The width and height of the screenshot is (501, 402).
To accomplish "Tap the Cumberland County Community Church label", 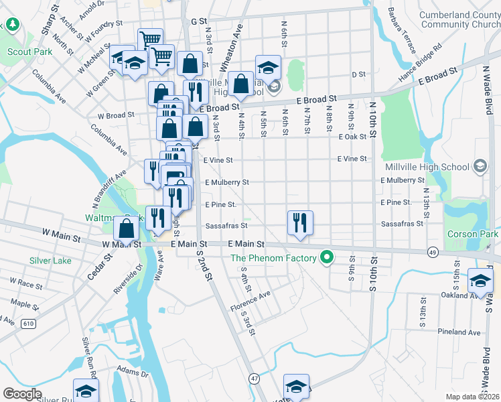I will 459,20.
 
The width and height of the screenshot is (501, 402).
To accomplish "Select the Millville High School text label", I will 427,166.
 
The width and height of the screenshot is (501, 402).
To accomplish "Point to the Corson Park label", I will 473,234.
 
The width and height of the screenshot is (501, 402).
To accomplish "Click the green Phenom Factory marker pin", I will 327,257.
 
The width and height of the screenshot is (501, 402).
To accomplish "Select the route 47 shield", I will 254,379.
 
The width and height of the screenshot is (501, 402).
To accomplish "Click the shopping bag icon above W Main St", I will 127,228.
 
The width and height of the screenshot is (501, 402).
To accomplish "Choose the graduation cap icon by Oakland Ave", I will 480,280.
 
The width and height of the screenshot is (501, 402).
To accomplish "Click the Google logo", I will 22,394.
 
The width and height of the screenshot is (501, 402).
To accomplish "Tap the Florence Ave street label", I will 250,302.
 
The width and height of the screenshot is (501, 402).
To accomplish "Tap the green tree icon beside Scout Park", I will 13,25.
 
